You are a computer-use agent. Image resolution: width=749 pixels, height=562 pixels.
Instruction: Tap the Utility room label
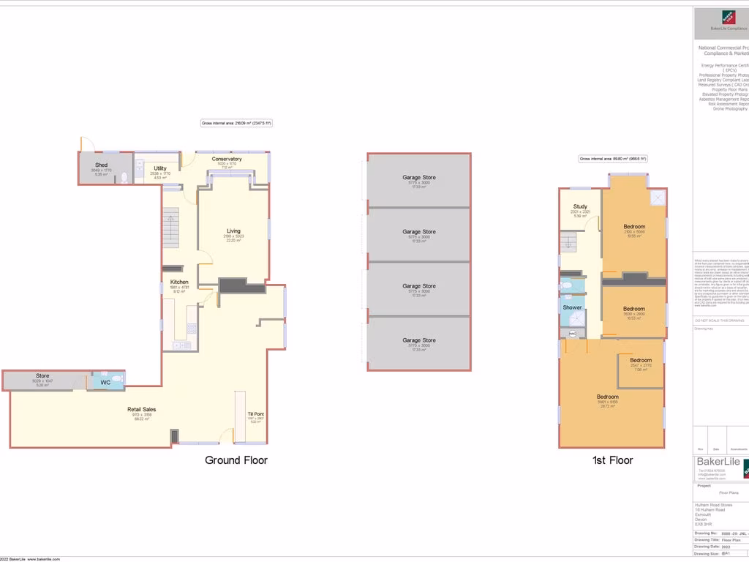point(160,168)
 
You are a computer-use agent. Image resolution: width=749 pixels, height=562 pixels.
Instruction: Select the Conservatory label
point(227,159)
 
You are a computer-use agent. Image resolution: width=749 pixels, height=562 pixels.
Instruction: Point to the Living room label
point(233,231)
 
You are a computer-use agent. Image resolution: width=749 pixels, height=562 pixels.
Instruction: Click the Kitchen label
point(179,282)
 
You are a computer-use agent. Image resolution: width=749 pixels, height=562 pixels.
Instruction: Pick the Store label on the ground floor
point(42,376)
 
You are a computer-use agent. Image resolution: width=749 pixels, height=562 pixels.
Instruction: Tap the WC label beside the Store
point(105,382)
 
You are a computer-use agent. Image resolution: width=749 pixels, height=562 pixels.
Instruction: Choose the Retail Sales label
point(142,410)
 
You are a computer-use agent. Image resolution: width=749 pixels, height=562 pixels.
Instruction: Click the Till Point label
point(256,414)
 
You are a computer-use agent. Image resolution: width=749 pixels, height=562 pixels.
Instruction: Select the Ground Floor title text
point(236,460)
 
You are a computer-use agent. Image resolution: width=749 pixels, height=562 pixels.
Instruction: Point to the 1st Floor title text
point(612,460)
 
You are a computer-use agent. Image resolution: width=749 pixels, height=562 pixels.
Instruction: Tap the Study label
point(580,207)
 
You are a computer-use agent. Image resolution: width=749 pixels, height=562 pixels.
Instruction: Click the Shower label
point(572,307)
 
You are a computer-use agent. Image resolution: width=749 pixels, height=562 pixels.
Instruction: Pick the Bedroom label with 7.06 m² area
point(641,360)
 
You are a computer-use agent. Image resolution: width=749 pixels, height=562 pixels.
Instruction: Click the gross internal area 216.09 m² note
point(236,124)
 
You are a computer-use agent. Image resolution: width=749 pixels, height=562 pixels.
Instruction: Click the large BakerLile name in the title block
point(717,462)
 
